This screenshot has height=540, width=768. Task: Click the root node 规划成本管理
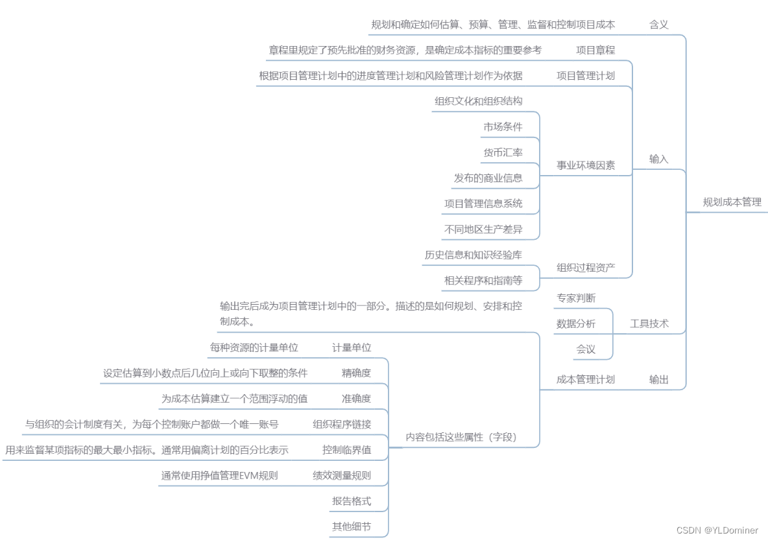732,202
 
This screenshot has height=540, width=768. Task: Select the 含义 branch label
658,25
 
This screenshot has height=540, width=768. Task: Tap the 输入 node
658,159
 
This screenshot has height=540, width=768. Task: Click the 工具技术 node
649,323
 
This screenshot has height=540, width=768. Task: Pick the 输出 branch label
658,379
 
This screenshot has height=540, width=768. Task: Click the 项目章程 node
595,50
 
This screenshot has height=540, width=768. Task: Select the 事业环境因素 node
585,165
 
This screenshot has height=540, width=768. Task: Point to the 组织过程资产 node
585,267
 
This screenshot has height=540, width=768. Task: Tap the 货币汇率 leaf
502,152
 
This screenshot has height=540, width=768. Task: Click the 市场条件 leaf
502,126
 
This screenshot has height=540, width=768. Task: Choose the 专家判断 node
575,298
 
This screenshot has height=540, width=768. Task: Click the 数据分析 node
575,323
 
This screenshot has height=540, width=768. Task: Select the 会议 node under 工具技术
585,349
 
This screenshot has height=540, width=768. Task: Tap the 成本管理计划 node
585,379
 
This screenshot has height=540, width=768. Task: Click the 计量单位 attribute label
351,347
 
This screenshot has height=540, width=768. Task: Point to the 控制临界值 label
346,449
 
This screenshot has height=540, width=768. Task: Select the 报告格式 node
351,501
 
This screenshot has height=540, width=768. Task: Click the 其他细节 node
351,526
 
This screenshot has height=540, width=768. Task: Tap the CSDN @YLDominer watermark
717,530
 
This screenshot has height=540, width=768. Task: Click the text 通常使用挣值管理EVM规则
219,475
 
